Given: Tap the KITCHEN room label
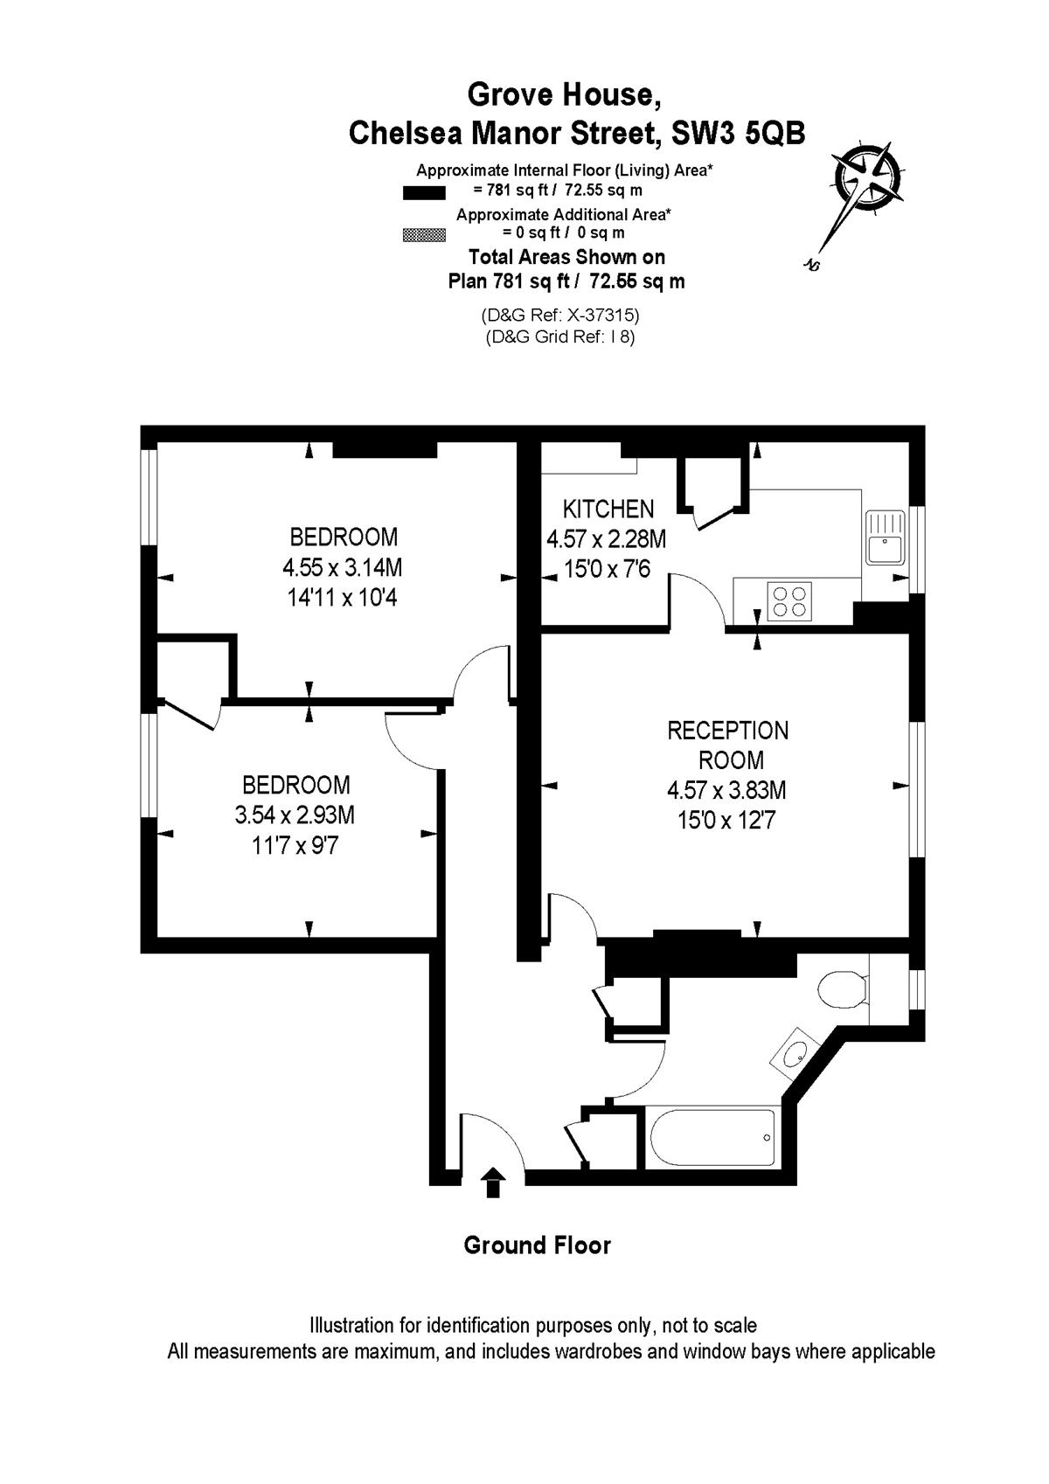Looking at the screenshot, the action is [x=608, y=509].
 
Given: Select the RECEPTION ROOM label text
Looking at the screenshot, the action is [x=727, y=745].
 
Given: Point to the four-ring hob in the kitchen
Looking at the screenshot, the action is [x=789, y=601].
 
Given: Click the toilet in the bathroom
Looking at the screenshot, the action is [x=843, y=990].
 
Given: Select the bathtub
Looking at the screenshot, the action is [x=712, y=1138].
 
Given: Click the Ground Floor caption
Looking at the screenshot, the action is [x=537, y=1245].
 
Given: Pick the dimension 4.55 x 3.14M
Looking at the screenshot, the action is [x=342, y=568].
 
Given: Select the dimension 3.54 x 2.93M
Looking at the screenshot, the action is [x=295, y=815].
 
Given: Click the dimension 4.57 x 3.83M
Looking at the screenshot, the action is [x=726, y=790].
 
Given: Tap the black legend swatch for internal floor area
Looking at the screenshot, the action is [x=424, y=193].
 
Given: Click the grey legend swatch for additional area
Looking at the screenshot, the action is [x=424, y=235].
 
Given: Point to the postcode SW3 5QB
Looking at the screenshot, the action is [x=738, y=133].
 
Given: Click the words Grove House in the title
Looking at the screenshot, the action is [x=564, y=94].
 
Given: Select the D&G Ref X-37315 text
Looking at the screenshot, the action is [x=560, y=314].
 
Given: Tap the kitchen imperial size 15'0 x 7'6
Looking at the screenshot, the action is [x=607, y=569].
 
